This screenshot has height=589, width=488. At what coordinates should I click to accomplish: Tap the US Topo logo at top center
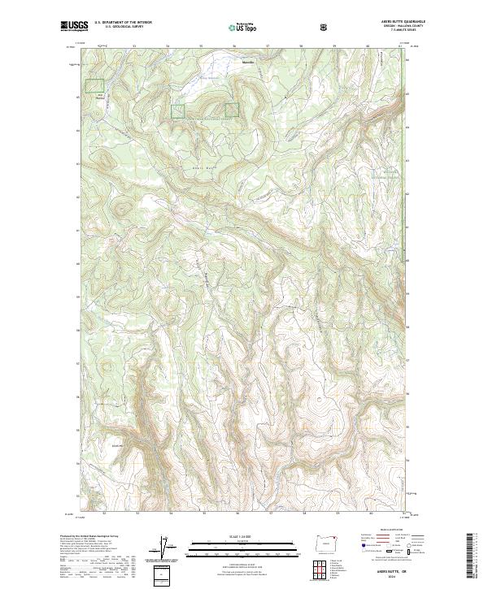(243, 27)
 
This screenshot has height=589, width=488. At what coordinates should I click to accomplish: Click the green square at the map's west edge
(96, 85)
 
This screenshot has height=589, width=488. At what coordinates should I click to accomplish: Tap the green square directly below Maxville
(232, 110)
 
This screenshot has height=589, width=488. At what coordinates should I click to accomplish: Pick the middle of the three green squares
(177, 111)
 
